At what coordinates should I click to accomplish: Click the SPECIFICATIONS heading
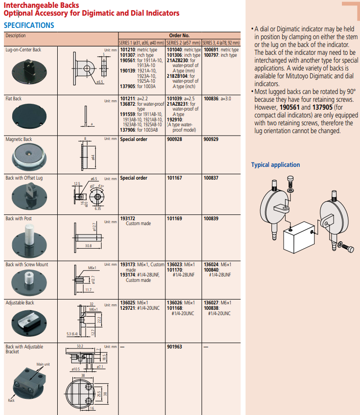29,25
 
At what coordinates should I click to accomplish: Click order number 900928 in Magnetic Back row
174,139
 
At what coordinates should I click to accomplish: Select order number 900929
211,139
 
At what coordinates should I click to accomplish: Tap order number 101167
174,178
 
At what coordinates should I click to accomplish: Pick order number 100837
211,178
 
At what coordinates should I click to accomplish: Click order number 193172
128,218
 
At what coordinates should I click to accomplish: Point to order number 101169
174,218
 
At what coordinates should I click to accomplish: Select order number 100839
211,218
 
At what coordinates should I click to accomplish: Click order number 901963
174,347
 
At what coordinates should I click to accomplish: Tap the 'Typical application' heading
275,165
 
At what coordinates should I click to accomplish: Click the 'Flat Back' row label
14,98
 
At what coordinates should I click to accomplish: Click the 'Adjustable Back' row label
20,303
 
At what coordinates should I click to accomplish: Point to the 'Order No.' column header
179,36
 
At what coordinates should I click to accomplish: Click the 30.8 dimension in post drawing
88,246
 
